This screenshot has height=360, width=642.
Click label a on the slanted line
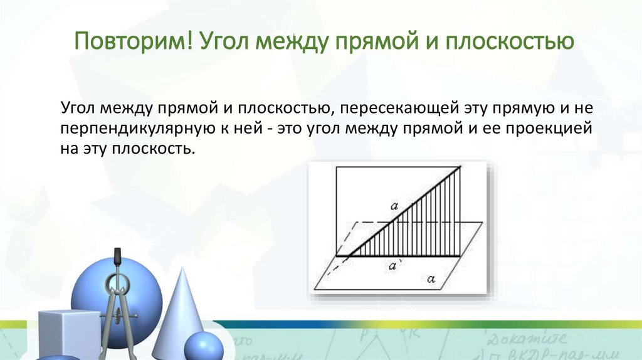pyautogui.click(x=394, y=205)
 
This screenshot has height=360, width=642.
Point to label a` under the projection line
pyautogui.click(x=394, y=267)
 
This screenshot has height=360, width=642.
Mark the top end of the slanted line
pyautogui.click(x=461, y=167)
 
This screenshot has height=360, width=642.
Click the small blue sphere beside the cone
pyautogui.click(x=204, y=347)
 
